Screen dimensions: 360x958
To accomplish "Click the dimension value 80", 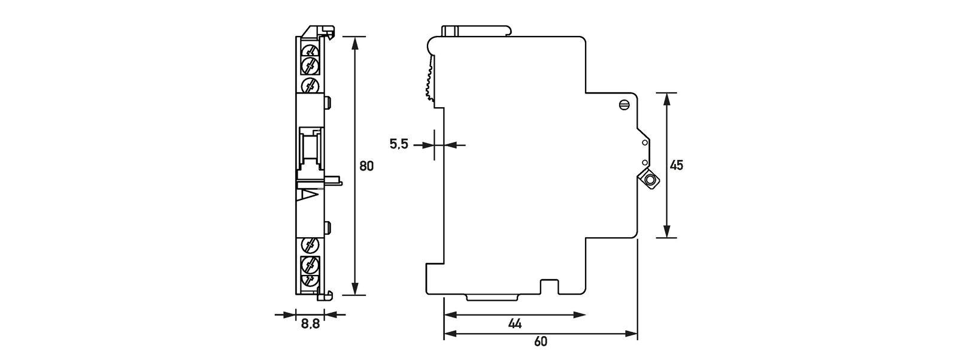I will [366, 166].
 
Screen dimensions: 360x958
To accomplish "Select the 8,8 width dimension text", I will [310, 324].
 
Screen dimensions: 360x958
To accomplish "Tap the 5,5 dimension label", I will [399, 144].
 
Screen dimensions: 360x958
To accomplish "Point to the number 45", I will [676, 165].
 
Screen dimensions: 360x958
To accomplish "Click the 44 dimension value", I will [514, 324].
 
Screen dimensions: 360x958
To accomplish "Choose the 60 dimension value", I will [541, 342].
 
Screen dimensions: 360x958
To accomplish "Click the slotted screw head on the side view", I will [624, 105].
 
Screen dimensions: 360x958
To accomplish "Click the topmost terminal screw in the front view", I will [310, 49].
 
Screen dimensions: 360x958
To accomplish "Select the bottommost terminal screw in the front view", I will [310, 280].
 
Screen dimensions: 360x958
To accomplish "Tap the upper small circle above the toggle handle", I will [645, 143].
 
